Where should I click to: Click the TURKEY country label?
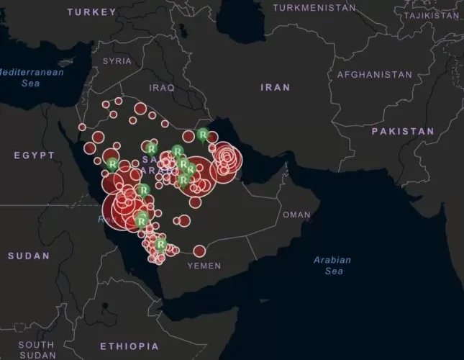point(91,12)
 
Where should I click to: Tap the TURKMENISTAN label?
point(314,7)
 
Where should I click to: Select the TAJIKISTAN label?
point(432,15)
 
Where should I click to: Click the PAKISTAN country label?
point(403,132)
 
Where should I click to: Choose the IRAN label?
point(276,87)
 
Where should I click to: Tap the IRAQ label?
point(162,87)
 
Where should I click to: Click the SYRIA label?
point(117,61)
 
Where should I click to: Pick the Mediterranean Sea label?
point(32,78)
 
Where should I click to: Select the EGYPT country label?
point(34,156)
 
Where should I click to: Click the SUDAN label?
point(29,256)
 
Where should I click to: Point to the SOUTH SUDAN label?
point(36,350)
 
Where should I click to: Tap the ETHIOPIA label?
point(129,346)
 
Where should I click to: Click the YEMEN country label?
point(204,266)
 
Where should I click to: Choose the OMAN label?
point(296,215)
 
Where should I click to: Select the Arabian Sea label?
point(332,265)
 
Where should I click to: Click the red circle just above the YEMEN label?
point(199,251)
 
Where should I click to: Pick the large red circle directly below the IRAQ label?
point(141,109)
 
